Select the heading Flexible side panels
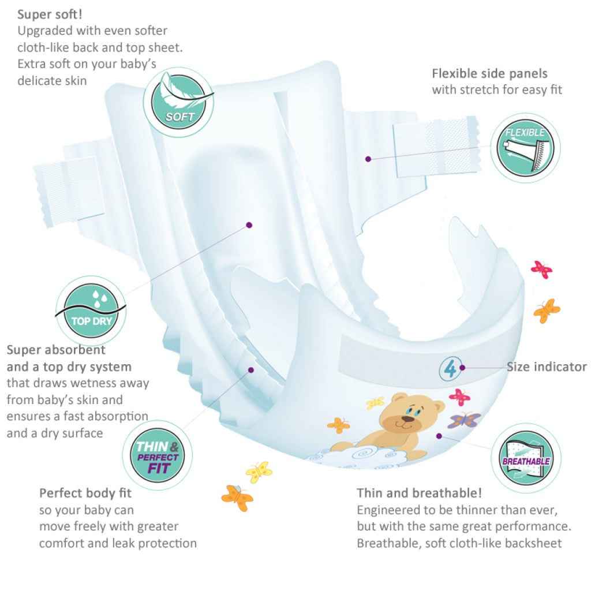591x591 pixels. pos(489,74)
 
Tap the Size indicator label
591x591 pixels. pos(547,366)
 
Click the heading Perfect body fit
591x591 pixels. pos(85,493)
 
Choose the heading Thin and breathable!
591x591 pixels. pos(419,493)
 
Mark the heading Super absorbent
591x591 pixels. pos(56,350)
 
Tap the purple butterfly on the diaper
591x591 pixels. pos(463,420)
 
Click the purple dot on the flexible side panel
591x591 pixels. pos(368,158)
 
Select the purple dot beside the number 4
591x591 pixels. pos(462,367)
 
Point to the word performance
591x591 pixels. pos(537,526)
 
